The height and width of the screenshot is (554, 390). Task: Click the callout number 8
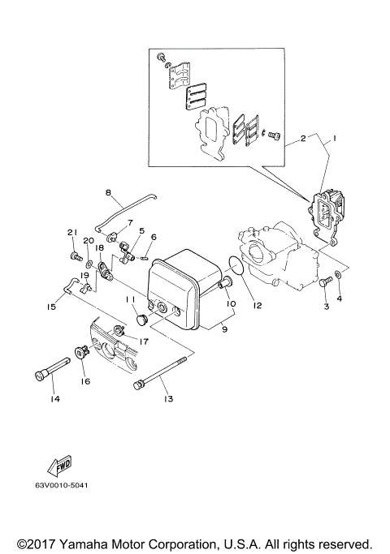pos(107,192)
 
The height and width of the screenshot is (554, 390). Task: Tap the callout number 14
pos(55,398)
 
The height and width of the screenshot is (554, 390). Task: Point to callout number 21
pos(71,234)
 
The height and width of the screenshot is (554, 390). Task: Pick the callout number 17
pos(143,341)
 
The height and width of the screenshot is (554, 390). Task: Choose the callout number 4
pos(340,298)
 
